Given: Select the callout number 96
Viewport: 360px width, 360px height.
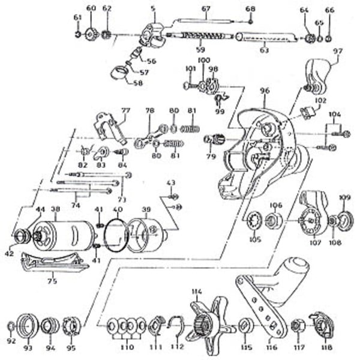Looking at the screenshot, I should [x=265, y=91].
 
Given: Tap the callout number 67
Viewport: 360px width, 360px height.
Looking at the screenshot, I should [x=206, y=8].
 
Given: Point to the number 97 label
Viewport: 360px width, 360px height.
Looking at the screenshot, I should [x=337, y=52].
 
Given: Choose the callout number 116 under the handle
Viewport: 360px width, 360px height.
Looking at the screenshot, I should [x=272, y=347].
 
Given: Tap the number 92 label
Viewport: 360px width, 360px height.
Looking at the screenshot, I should [x=11, y=341].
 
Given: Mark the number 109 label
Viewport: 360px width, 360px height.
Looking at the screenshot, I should [x=344, y=197].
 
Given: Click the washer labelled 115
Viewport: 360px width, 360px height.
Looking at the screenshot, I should [x=245, y=326].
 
